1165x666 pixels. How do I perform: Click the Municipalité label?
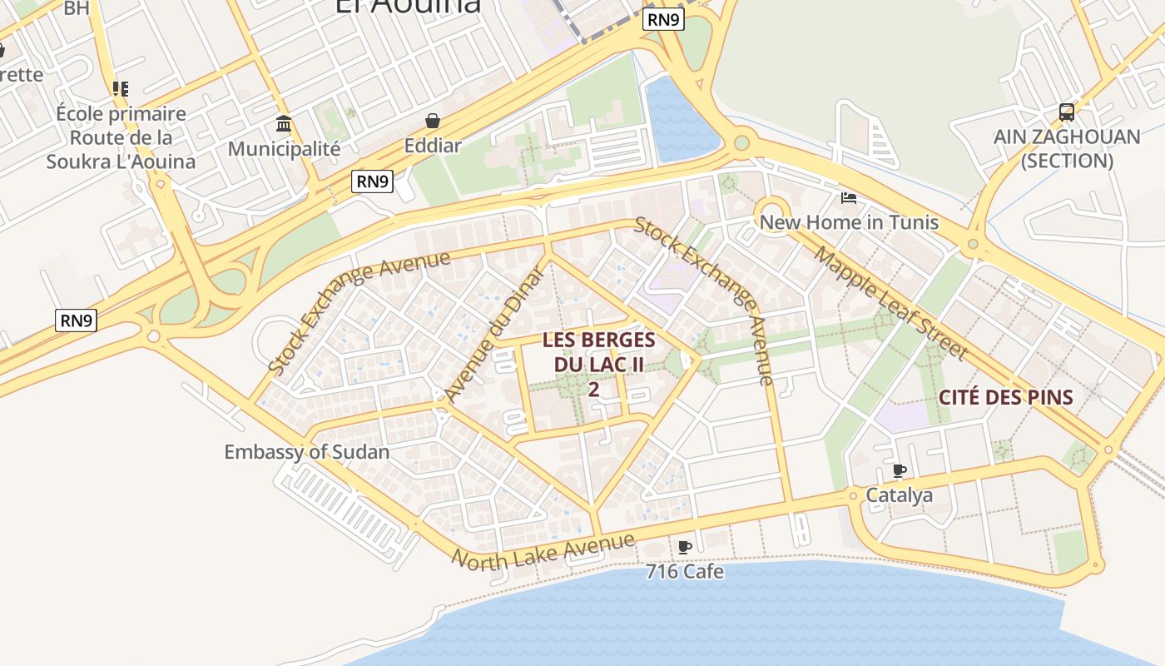(284, 149)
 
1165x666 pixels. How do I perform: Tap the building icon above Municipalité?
(284, 124)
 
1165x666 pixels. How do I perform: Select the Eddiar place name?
(433, 146)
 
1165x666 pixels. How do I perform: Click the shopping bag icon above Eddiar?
(433, 122)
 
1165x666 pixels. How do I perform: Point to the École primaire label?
(121, 113)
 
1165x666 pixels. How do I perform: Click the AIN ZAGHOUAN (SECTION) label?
(1067, 148)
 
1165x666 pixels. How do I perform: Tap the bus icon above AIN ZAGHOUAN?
(1066, 112)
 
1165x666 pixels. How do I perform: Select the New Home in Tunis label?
(849, 222)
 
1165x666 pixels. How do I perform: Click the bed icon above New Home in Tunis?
(849, 198)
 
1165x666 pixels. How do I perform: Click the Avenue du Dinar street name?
(494, 333)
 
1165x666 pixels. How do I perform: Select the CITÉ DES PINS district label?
(1006, 397)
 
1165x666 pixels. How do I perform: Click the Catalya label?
(900, 495)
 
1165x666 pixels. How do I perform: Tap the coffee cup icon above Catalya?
(900, 471)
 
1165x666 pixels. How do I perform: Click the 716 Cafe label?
(685, 572)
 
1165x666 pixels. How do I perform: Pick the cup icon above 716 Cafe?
(685, 547)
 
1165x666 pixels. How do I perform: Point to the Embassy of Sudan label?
(306, 452)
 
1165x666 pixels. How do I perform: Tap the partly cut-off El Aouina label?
(408, 7)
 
